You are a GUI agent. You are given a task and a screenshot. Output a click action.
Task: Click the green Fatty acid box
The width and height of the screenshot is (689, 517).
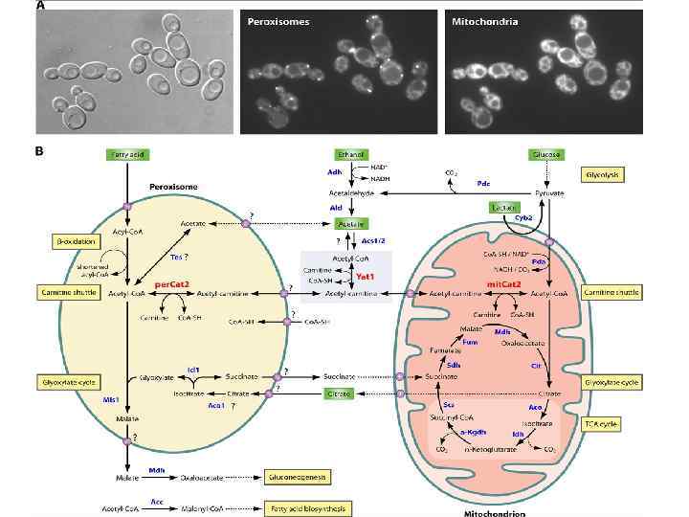(125, 154)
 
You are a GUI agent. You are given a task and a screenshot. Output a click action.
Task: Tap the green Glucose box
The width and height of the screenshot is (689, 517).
(545, 154)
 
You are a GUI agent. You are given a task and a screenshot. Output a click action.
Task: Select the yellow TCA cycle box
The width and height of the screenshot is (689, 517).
(609, 422)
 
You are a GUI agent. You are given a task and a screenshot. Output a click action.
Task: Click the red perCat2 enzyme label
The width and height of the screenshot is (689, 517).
(173, 284)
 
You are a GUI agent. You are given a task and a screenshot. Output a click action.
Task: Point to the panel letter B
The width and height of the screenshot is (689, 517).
(38, 150)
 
